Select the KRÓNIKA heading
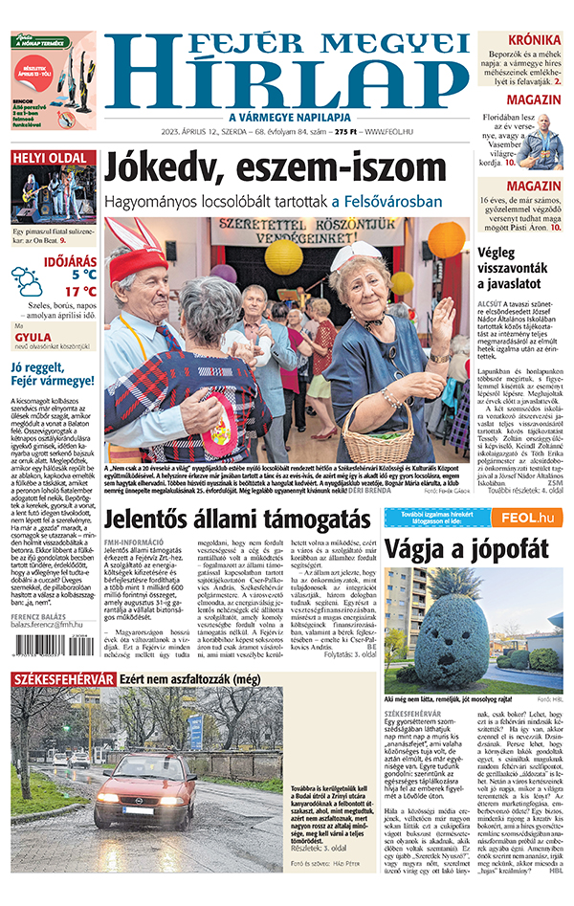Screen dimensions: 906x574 534,40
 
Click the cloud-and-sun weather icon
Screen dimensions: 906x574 27,280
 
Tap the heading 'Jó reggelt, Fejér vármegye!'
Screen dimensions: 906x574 49,374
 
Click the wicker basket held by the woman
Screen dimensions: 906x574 378,428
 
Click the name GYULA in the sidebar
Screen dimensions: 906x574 32,338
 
